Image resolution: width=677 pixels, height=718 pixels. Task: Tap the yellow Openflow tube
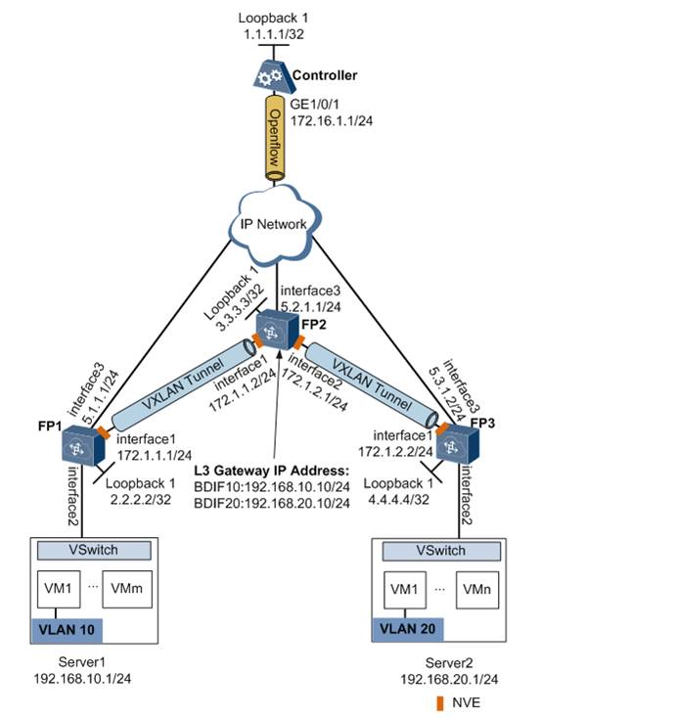coord(275,136)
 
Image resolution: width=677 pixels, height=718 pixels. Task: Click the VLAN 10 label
coord(68,628)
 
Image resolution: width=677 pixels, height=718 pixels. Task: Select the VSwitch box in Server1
coord(93,551)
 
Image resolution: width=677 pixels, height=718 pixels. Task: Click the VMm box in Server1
coord(126,590)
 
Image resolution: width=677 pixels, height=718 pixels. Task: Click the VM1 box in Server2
coord(409,590)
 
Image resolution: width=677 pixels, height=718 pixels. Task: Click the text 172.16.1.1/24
coord(334,121)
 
